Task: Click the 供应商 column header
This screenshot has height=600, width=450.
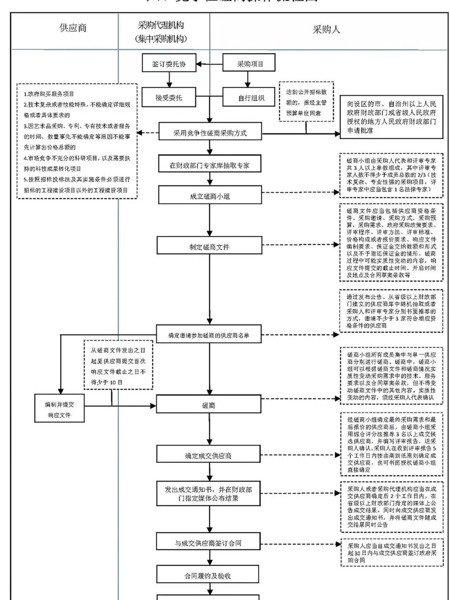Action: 73,28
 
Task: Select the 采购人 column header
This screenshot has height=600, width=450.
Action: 326,30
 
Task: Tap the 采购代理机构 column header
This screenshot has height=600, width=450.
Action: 161,32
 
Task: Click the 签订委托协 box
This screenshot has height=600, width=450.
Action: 169,64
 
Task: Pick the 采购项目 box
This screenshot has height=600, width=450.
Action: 250,64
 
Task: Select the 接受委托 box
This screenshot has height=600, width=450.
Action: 169,98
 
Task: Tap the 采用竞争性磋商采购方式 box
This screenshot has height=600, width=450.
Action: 210,133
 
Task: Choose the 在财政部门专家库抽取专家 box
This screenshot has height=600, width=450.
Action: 210,165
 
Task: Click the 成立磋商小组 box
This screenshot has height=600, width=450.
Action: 210,196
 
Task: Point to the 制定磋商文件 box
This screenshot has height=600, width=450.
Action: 209,247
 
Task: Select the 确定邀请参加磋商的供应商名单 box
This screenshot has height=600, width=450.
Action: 209,335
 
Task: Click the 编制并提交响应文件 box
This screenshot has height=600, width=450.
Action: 59,409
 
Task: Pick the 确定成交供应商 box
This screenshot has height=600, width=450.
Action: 208,456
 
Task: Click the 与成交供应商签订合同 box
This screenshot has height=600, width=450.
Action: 208,543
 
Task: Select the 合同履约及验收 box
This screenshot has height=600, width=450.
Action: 208,576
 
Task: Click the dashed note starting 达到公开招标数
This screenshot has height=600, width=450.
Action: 306,102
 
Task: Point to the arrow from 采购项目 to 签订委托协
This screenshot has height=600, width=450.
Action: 210,64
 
